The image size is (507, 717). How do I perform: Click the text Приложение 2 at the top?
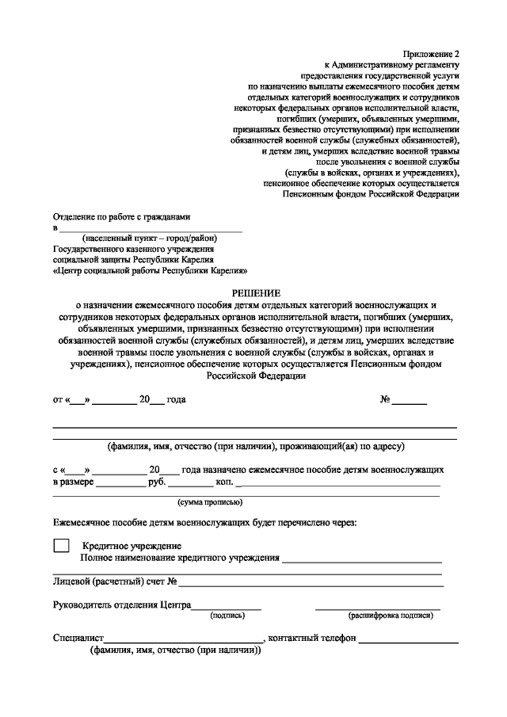click(433, 53)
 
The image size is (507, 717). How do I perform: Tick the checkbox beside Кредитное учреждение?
click(61, 546)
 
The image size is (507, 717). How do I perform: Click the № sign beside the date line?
click(386, 399)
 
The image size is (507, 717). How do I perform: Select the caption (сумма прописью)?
click(210, 502)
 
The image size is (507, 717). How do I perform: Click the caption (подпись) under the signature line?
click(227, 615)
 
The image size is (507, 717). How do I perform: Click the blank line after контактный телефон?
click(408, 638)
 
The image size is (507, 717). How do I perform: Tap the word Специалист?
click(78, 638)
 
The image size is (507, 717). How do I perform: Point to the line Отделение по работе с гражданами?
click(121, 216)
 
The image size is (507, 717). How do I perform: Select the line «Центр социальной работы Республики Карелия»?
click(134, 269)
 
